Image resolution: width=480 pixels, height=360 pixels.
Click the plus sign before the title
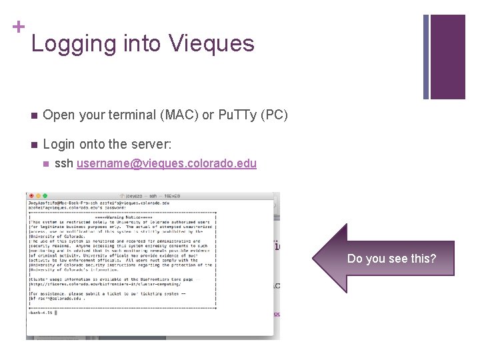pos(18,27)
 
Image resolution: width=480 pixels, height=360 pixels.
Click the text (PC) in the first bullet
pos(275,115)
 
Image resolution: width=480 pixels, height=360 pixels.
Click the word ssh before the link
pos(64,163)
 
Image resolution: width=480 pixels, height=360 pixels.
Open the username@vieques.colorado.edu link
pos(167,163)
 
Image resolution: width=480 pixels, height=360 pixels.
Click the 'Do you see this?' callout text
pos(391,258)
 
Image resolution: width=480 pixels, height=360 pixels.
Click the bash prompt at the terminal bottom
pos(41,312)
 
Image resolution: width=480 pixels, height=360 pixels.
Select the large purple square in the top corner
pos(447,57)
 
